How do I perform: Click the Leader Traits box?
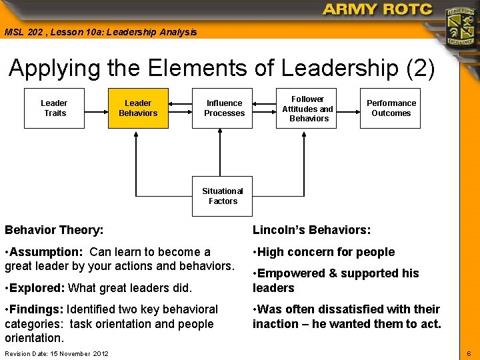point(54,108)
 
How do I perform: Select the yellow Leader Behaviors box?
point(138,108)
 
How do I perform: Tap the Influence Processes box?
point(224,108)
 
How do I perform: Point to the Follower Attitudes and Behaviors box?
point(307,108)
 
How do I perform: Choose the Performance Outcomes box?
point(391,108)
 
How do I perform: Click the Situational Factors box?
point(223,196)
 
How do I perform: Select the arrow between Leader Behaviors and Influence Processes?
point(181,104)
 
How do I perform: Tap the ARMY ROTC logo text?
point(377,10)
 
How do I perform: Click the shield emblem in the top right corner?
point(460,26)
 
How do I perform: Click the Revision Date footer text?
point(57,353)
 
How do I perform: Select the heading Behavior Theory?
point(54,231)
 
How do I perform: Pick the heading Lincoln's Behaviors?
point(311,231)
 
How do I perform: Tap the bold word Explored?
point(37,288)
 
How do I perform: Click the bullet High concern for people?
point(325,252)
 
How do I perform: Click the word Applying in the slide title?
point(55,69)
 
